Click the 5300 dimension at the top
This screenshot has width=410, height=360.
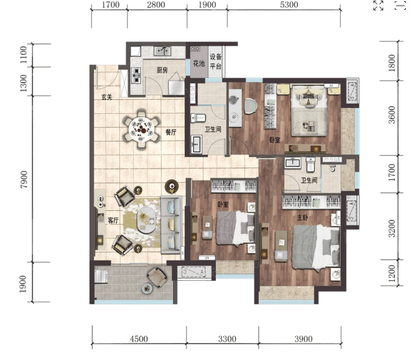(x=289, y=5)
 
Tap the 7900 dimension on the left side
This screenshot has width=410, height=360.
(x=24, y=179)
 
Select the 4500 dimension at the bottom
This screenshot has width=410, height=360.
(x=139, y=339)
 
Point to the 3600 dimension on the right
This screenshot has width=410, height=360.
(x=392, y=115)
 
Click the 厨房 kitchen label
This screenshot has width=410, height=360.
(x=162, y=70)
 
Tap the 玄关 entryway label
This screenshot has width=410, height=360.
(x=107, y=97)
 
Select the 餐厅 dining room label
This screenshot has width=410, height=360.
(x=171, y=132)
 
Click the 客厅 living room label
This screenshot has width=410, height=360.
(x=113, y=221)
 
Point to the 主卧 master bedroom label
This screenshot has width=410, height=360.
(x=302, y=217)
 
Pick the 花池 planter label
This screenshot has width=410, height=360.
(x=199, y=63)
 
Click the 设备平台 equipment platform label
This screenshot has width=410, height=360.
(x=216, y=62)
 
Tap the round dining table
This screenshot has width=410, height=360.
(x=141, y=129)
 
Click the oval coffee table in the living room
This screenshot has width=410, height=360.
(x=146, y=220)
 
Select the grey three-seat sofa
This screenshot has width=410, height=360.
(x=171, y=225)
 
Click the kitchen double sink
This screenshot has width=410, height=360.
(x=162, y=51)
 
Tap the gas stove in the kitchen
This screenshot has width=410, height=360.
(x=136, y=76)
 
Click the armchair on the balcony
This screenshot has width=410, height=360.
(x=157, y=277)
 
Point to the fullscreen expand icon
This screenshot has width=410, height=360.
(x=378, y=5)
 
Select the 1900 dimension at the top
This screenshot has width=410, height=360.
(x=207, y=5)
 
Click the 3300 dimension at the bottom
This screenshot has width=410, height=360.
(x=227, y=339)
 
